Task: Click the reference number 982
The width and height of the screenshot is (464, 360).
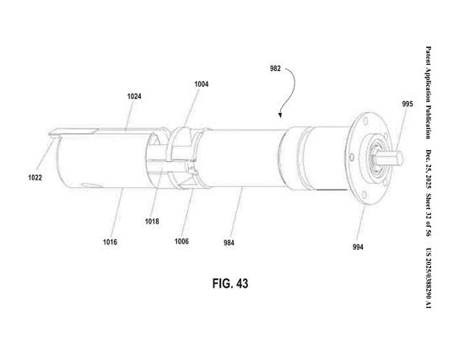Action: (275, 68)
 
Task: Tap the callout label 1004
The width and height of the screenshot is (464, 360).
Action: (202, 84)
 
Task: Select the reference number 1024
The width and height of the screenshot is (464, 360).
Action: (134, 96)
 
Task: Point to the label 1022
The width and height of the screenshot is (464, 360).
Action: (35, 178)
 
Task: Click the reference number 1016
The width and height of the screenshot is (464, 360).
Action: (110, 242)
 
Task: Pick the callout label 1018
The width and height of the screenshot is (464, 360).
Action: (152, 222)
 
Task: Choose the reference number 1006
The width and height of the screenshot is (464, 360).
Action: (181, 241)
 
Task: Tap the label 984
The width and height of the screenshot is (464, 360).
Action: (229, 243)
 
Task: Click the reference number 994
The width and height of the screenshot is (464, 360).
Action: (358, 247)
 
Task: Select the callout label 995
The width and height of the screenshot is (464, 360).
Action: (407, 105)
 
